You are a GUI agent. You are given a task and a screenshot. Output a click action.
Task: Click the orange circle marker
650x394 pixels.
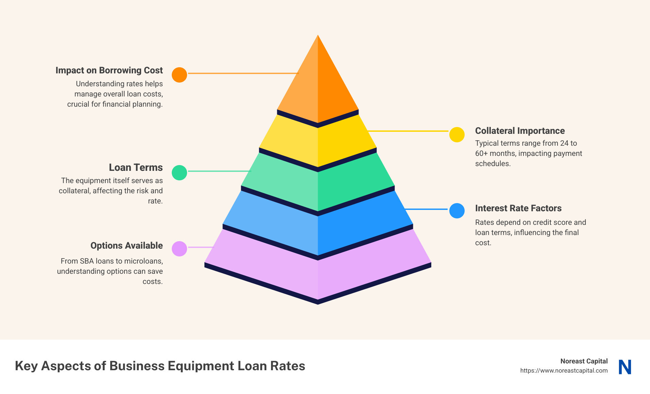tap(179, 75)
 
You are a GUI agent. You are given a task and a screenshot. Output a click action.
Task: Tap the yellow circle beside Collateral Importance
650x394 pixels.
tap(457, 135)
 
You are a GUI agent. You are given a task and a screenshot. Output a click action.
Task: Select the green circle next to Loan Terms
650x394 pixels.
tap(179, 173)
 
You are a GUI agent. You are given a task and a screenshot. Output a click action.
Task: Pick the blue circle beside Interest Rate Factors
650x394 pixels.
tap(457, 211)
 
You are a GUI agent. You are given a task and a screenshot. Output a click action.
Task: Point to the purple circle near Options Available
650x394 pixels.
tap(179, 249)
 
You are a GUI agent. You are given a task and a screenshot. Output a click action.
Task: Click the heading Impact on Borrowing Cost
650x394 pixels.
tap(109, 70)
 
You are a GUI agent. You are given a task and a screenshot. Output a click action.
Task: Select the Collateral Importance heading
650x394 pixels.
tap(520, 131)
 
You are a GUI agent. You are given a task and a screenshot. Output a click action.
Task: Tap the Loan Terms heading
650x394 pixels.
tap(136, 167)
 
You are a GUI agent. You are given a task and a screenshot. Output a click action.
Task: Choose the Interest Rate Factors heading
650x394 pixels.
tap(518, 208)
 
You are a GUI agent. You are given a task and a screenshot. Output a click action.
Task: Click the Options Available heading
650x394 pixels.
tap(127, 246)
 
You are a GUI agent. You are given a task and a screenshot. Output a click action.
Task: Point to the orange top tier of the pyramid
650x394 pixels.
tap(318, 85)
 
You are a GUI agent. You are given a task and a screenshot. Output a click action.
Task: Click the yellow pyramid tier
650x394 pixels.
tap(318, 143)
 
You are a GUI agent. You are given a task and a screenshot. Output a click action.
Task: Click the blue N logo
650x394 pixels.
tap(625, 367)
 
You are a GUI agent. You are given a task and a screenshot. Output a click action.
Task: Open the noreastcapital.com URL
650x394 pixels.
tap(564, 371)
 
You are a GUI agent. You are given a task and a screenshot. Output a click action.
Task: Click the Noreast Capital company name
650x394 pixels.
tap(584, 361)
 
